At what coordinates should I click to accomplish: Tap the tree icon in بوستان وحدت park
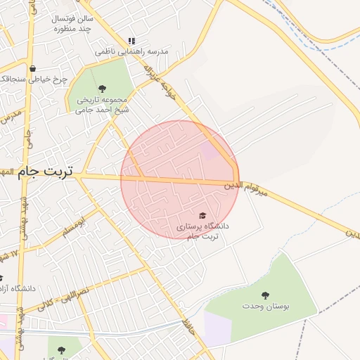click(x=265, y=295)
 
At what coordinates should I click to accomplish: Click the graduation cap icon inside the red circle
click(x=202, y=215)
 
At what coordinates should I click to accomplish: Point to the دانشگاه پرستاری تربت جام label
click(x=202, y=231)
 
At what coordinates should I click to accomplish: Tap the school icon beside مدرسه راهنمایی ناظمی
click(x=131, y=41)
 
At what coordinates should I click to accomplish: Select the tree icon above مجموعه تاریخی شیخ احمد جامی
click(x=103, y=89)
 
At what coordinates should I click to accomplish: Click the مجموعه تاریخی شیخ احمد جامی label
click(x=103, y=104)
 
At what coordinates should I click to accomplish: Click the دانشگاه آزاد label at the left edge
click(x=22, y=288)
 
